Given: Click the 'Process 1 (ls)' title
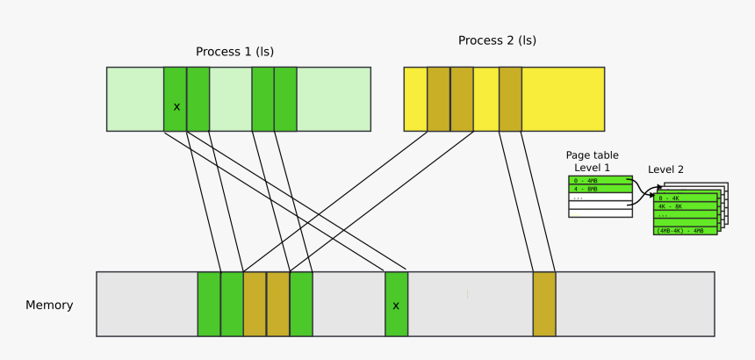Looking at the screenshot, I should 234,52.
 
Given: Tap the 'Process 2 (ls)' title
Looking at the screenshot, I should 497,40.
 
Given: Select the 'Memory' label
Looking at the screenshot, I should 49,306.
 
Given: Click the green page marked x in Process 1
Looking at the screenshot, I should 176,99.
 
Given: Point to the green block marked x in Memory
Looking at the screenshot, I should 396,304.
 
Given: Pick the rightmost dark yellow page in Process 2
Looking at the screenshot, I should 510,99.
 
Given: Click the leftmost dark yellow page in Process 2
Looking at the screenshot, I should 438,99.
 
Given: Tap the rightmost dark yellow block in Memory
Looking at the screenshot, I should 544,304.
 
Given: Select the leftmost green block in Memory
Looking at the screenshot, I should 209,304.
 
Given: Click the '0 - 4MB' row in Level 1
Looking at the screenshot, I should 600,180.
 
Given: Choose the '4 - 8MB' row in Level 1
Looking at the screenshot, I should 600,188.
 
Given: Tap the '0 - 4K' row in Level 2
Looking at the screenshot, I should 685,198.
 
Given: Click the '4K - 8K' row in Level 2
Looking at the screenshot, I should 685,206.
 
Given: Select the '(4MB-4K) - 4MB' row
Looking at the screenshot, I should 685,230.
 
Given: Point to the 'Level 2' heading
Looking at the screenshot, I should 665,169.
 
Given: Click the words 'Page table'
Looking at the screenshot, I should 592,155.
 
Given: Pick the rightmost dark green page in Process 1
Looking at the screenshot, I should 285,99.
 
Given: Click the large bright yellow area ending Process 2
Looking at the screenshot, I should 563,99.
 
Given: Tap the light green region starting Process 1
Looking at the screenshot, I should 135,99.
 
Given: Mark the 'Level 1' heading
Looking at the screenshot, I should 592,167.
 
